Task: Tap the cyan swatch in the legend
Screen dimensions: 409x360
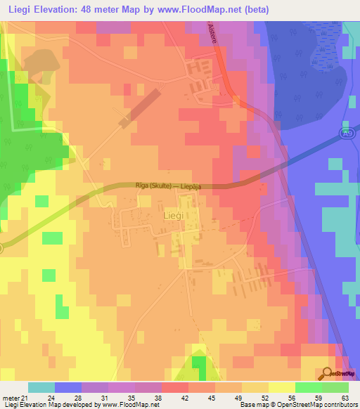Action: coord(41,387)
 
